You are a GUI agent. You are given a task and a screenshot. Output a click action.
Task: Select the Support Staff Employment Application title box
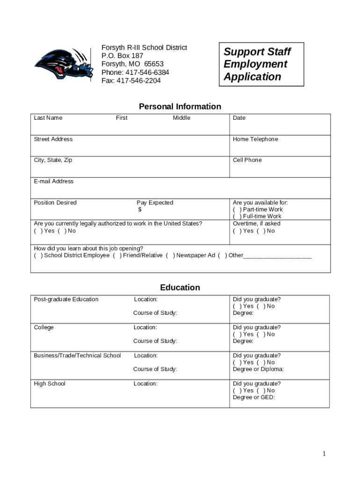pyautogui.click(x=261, y=65)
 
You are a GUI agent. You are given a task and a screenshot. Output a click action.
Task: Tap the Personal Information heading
pyautogui.click(x=180, y=106)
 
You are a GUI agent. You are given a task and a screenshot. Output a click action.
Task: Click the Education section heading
pyautogui.click(x=180, y=287)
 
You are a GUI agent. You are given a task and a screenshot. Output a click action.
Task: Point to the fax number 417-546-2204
pyautogui.click(x=138, y=80)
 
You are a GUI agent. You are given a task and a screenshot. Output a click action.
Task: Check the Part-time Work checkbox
pyautogui.click(x=237, y=210)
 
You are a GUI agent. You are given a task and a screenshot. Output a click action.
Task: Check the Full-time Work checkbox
pyautogui.click(x=237, y=217)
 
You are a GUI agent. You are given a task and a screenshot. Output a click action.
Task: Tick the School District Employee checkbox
pyautogui.click(x=38, y=255)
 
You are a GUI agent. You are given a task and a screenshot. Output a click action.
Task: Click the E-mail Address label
pyautogui.click(x=54, y=181)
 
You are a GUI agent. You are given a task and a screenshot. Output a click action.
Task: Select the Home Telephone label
pyautogui.click(x=255, y=139)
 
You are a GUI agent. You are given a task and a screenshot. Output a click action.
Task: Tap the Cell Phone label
pyautogui.click(x=247, y=160)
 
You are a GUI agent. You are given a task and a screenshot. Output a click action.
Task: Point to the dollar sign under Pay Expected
pyautogui.click(x=139, y=210)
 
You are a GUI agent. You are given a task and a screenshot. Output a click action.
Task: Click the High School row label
pyautogui.click(x=50, y=384)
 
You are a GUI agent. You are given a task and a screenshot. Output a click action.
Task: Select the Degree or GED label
pyautogui.click(x=254, y=397)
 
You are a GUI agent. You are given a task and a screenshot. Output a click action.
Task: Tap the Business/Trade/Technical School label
pyautogui.click(x=77, y=356)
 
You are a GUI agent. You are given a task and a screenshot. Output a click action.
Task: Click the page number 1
pyautogui.click(x=324, y=454)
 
